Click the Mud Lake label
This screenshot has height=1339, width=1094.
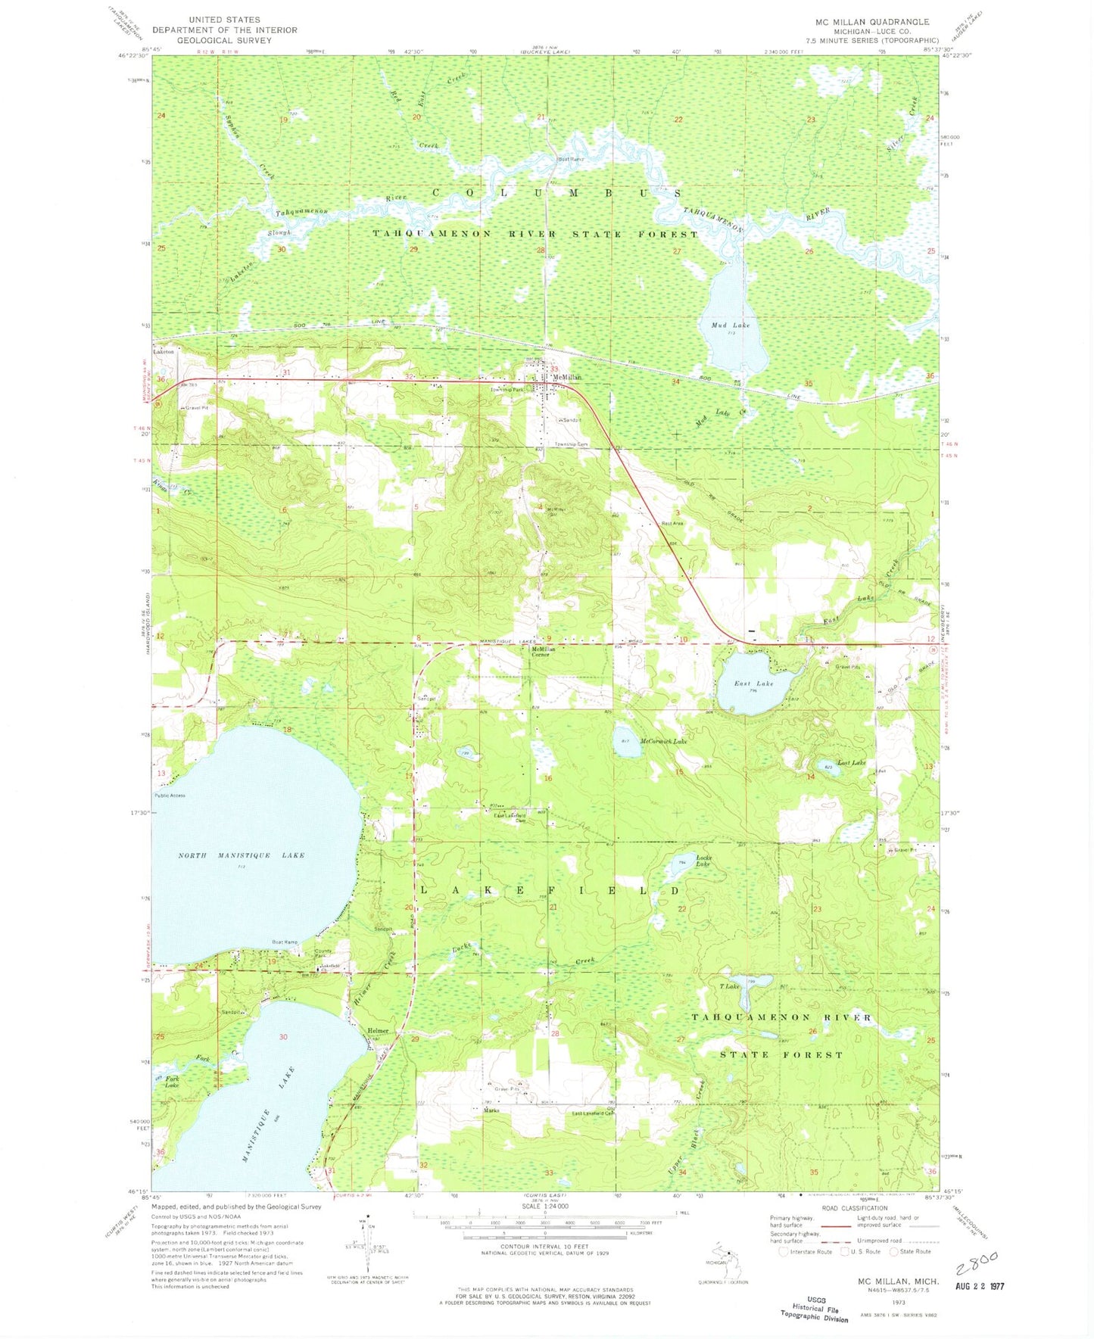tap(730, 325)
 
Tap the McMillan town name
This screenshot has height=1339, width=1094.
tap(566, 377)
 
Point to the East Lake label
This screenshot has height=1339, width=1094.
tap(753, 684)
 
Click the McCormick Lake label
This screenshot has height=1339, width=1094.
tap(663, 742)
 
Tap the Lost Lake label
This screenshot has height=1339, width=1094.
tap(851, 763)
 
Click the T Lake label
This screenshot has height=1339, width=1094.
tap(729, 986)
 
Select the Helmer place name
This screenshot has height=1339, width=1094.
tap(378, 1031)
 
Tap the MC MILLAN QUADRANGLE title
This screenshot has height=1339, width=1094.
tap(871, 22)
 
